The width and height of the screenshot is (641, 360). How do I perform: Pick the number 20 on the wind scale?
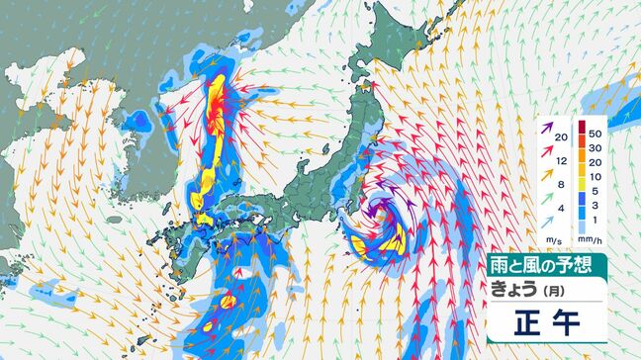click(561, 136)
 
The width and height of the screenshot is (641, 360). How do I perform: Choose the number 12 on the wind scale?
click(561, 160)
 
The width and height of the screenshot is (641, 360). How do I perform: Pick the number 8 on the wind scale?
click(561, 184)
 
